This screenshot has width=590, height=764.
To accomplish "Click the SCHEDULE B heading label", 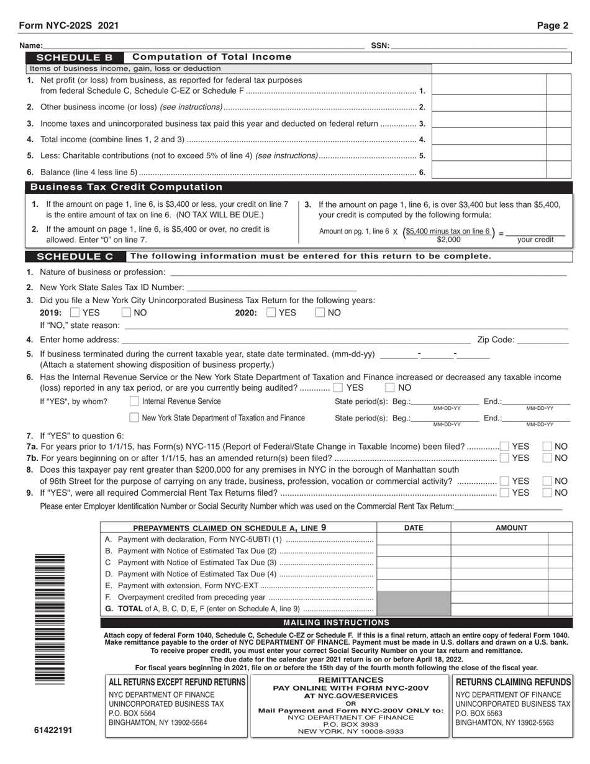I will pos(75,57).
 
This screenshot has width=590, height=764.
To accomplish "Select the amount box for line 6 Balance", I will pos(488,171).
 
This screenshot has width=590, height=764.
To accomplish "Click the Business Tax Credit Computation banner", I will pos(126,187).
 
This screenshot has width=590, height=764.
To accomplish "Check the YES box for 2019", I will pos(75,313).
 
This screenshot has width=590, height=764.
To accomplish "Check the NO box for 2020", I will pos(320,313).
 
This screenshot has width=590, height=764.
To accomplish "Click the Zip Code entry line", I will pos(542,340).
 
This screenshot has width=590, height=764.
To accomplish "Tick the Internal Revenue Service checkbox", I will pos(134,401).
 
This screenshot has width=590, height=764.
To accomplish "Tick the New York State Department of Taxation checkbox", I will pos(134,418).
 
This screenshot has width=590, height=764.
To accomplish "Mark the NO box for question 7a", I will pos(547,447).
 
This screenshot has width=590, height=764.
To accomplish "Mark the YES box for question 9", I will pos(504,493).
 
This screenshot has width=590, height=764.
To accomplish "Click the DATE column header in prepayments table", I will pos(413,528).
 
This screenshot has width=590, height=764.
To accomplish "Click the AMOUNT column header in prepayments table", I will pos(511,528).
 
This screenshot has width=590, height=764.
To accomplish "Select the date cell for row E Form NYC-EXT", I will pos(413,585).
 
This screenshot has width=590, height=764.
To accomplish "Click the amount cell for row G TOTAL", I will pos(499,609).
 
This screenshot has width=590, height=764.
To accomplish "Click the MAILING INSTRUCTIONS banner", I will pos(336,622).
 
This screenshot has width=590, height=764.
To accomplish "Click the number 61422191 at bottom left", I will pos(53,730).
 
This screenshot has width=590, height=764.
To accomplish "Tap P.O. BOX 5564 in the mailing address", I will pos(132,714).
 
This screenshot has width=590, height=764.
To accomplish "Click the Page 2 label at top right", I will pos(552,25).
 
